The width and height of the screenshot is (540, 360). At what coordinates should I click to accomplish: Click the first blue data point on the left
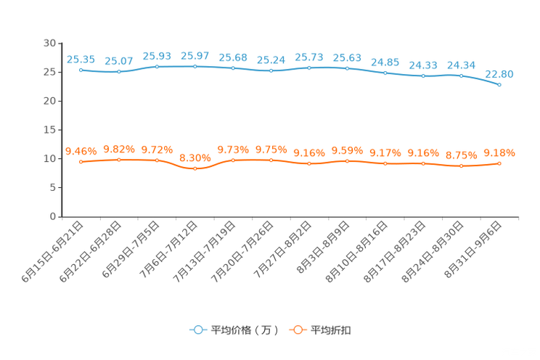tap(81, 70)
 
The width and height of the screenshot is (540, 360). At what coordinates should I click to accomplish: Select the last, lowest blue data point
tap(499, 84)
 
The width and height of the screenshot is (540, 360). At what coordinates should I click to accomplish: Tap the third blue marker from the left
tap(157, 67)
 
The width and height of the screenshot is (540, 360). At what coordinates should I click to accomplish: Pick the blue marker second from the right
tap(462, 75)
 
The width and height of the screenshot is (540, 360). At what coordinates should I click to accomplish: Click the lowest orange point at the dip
tap(195, 168)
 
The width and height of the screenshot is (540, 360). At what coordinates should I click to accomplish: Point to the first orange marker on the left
tap(81, 161)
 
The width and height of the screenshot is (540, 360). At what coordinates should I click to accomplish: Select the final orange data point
tap(499, 163)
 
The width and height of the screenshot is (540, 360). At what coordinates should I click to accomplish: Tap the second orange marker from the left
tap(118, 159)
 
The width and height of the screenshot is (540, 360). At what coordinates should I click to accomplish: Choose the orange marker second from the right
tap(462, 165)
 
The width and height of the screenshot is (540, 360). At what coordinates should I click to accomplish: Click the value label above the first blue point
tap(81, 60)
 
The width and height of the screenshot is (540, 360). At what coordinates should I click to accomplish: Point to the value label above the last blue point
tap(499, 73)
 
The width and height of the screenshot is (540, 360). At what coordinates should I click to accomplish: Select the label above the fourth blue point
tap(195, 56)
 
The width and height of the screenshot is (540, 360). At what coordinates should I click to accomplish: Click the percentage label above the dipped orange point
tap(195, 157)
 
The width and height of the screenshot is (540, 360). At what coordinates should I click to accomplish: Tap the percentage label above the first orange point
tap(81, 150)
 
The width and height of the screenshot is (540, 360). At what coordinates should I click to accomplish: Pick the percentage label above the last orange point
tap(499, 152)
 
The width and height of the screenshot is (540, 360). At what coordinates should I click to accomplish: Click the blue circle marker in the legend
tap(197, 330)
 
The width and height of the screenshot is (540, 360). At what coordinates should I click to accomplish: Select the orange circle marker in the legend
tap(298, 330)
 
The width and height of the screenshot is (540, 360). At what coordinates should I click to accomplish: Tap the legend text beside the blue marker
tap(245, 330)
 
